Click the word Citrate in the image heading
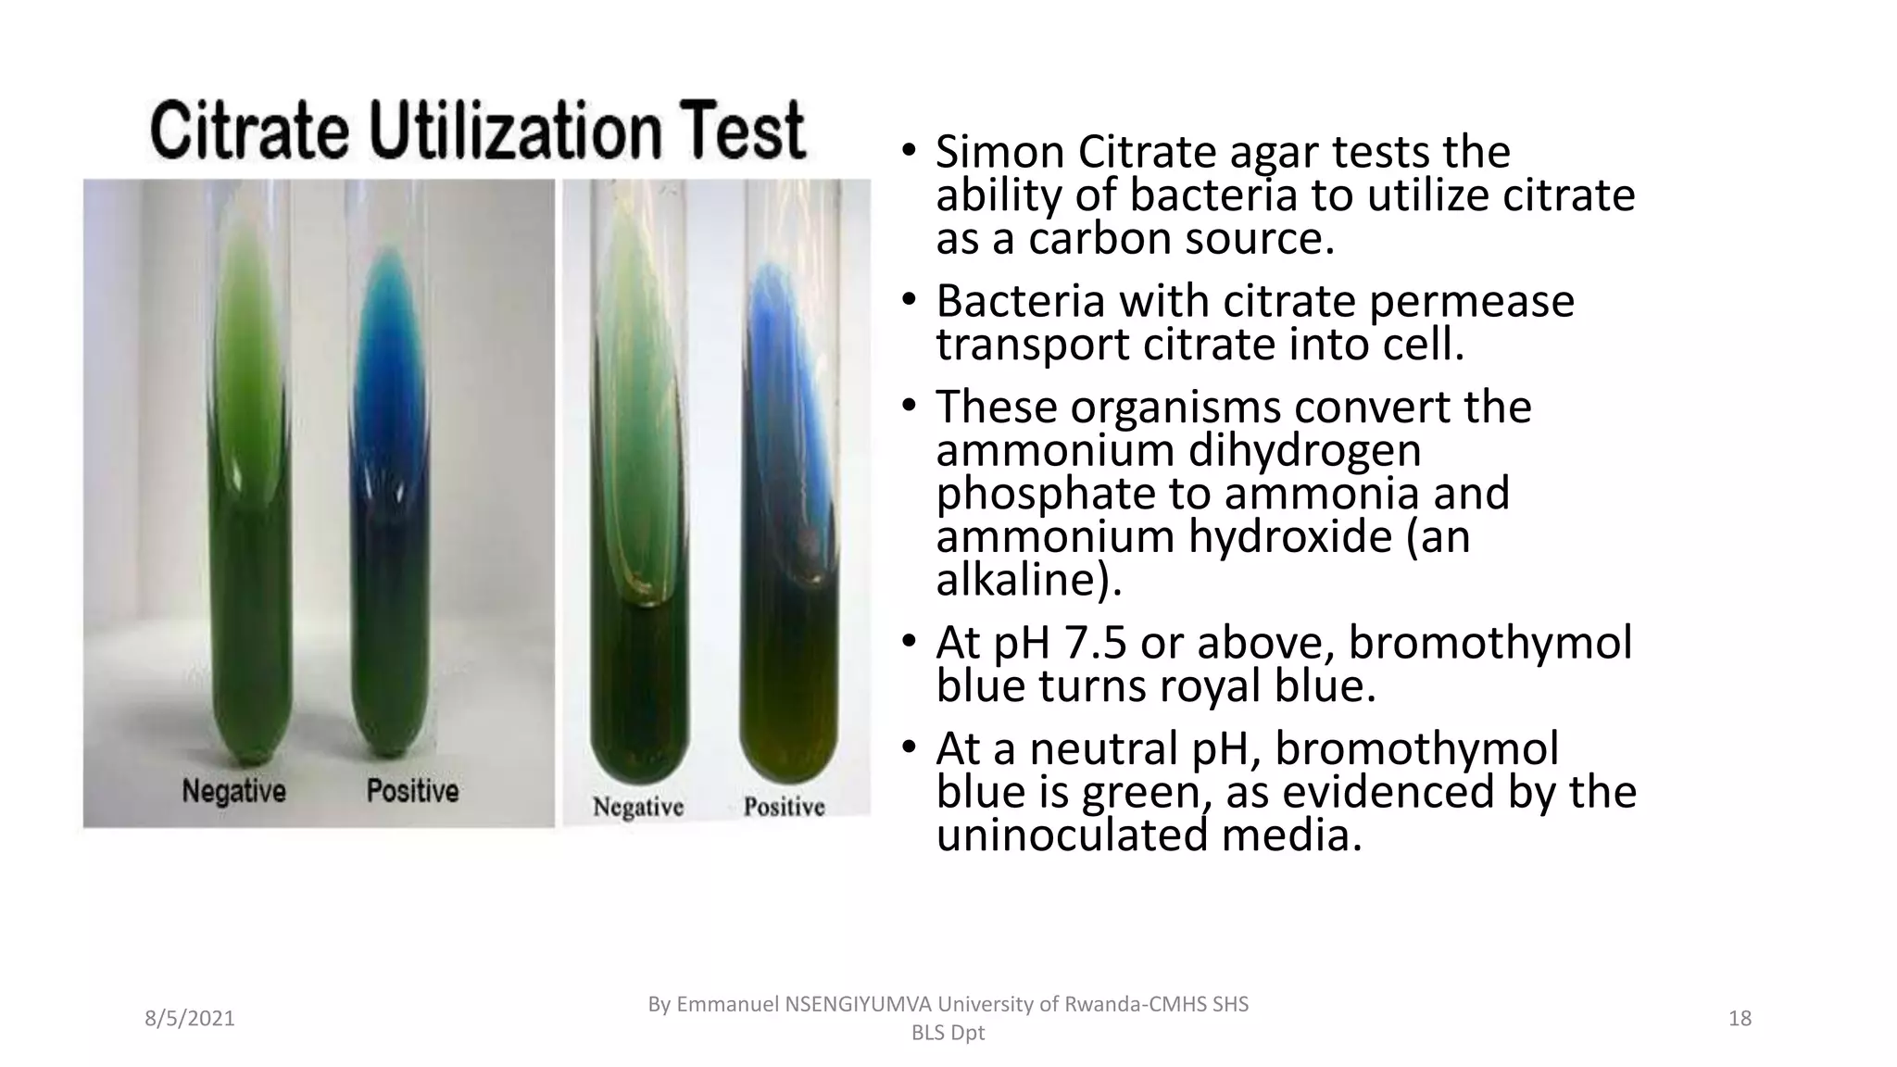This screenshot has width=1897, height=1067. [249, 132]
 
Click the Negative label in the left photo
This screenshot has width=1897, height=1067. [233, 791]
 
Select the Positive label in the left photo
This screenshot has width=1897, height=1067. [412, 791]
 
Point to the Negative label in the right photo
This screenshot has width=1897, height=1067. [638, 807]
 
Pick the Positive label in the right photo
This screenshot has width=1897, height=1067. [784, 807]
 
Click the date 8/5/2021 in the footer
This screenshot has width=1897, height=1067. [190, 1019]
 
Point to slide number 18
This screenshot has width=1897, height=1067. [1740, 1019]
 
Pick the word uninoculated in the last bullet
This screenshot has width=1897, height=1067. [1072, 835]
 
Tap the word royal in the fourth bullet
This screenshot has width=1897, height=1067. [1204, 686]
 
